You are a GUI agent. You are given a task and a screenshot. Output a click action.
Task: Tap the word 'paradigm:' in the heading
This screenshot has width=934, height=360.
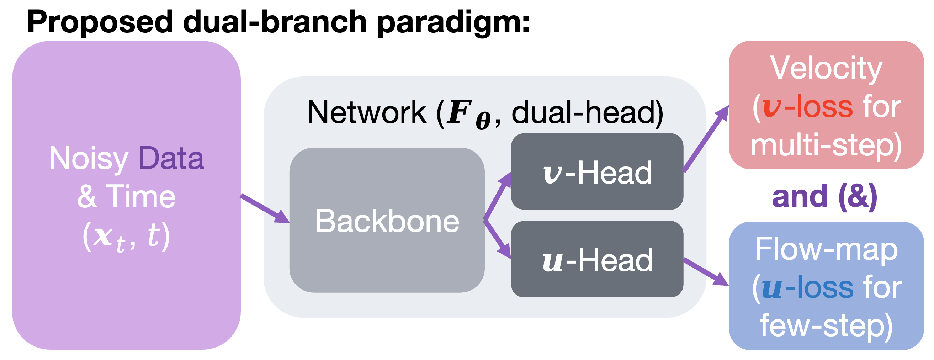(x=453, y=22)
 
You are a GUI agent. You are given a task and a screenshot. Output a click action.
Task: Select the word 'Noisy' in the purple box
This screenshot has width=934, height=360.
(x=89, y=159)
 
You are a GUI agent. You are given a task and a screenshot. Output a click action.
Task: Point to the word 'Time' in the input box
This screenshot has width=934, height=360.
(x=141, y=196)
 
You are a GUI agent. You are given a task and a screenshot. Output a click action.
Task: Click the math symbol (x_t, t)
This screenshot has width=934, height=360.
(x=126, y=237)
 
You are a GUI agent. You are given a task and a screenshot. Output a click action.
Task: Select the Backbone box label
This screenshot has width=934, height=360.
(x=387, y=221)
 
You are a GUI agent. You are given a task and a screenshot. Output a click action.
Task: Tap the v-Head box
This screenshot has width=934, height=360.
(x=597, y=171)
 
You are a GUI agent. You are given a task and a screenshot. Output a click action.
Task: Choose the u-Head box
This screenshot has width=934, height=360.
(x=597, y=259)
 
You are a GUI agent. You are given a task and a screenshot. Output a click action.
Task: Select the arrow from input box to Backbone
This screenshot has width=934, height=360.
(x=265, y=209)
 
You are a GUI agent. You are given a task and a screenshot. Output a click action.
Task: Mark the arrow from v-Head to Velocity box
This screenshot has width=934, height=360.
(x=706, y=138)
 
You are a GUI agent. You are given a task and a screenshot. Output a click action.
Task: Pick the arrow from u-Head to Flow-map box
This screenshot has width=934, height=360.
(x=706, y=272)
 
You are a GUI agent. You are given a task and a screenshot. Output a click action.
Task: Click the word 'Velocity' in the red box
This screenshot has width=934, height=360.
(x=826, y=69)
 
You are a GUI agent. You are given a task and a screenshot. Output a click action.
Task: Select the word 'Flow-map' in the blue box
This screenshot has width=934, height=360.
(x=826, y=249)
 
